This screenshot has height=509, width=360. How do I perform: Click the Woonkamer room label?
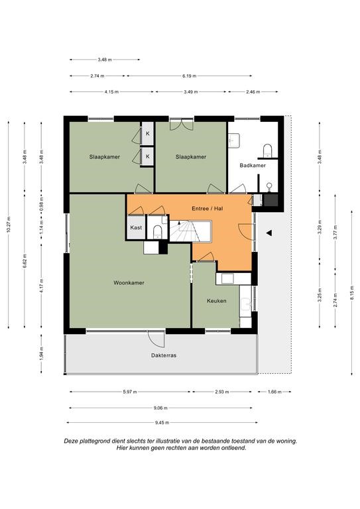point(129,283)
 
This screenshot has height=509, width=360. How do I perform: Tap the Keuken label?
point(217,301)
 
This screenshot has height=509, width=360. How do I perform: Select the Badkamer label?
point(253,166)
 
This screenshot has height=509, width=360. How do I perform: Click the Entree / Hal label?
point(207,208)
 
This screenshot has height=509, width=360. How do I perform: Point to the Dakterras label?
point(164,355)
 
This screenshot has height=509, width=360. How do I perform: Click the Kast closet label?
point(136,227)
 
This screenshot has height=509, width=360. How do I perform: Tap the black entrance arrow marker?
point(269,233)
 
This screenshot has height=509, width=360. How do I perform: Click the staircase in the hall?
point(190,231)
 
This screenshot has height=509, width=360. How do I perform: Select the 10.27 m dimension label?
point(9,225)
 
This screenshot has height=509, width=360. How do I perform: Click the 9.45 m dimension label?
point(162,423)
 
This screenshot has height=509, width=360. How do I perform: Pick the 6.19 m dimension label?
point(189,76)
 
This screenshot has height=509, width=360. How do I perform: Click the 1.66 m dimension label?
point(274,392)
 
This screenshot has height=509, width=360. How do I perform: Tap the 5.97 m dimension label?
point(130,392)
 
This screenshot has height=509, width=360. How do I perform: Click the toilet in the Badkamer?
point(267,150)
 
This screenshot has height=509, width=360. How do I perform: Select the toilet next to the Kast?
point(157,231)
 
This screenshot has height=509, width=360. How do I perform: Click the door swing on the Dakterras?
point(156,339)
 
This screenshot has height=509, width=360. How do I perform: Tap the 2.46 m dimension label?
point(253,92)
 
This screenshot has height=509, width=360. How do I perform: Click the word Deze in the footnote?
point(70,441)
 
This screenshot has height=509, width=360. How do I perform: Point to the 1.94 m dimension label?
point(41,353)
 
